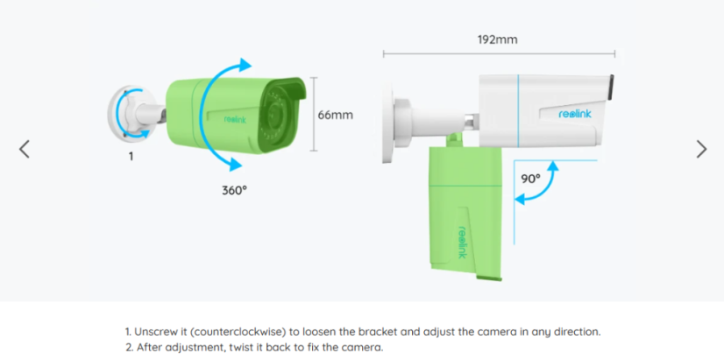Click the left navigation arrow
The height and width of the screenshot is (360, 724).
(x=25, y=149)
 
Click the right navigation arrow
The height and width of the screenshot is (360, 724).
(x=701, y=149)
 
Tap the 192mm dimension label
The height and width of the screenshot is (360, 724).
(x=498, y=40)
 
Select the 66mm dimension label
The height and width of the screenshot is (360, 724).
(x=335, y=115)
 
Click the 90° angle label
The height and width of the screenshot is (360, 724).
(x=530, y=178)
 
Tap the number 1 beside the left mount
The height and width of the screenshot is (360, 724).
(x=131, y=156)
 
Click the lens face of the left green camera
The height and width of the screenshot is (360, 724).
(x=285, y=114)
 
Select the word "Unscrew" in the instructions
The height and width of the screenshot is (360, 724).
(x=156, y=332)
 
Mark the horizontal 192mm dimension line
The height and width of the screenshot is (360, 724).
(x=498, y=55)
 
